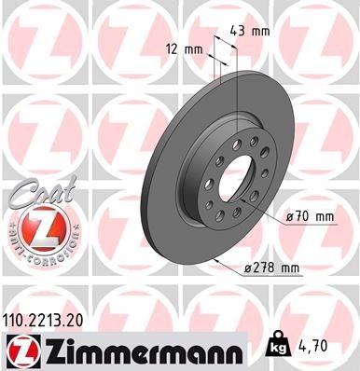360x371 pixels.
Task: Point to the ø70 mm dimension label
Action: (312, 218)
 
